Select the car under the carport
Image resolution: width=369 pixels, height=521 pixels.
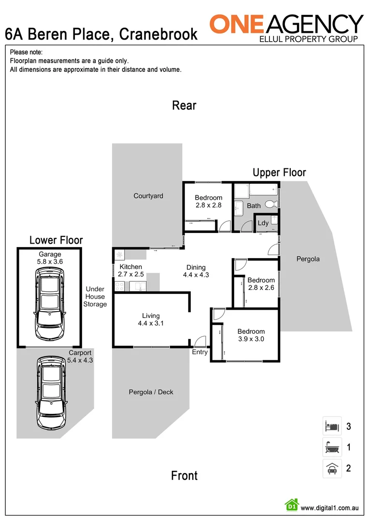50,393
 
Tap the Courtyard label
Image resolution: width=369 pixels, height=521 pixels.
148,196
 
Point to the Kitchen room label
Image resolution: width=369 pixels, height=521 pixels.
130,267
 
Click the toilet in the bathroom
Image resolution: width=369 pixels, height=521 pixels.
274,204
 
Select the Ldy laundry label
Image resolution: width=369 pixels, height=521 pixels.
263,223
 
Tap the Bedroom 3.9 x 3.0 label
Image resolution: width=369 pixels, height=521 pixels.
251,335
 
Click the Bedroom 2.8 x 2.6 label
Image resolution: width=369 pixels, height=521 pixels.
261,284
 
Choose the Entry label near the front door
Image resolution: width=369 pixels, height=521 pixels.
200,352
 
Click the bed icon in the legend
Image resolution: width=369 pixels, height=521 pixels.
332,426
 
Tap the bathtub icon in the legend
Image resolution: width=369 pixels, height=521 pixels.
332,447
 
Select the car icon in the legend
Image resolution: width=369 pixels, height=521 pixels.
332,468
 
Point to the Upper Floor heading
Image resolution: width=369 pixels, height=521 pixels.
279,172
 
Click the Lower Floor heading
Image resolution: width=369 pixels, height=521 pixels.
56,240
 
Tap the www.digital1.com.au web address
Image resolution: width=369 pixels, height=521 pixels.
329,508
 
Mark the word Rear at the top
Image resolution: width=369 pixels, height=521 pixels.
184,106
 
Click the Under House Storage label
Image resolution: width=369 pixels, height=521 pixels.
95,297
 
